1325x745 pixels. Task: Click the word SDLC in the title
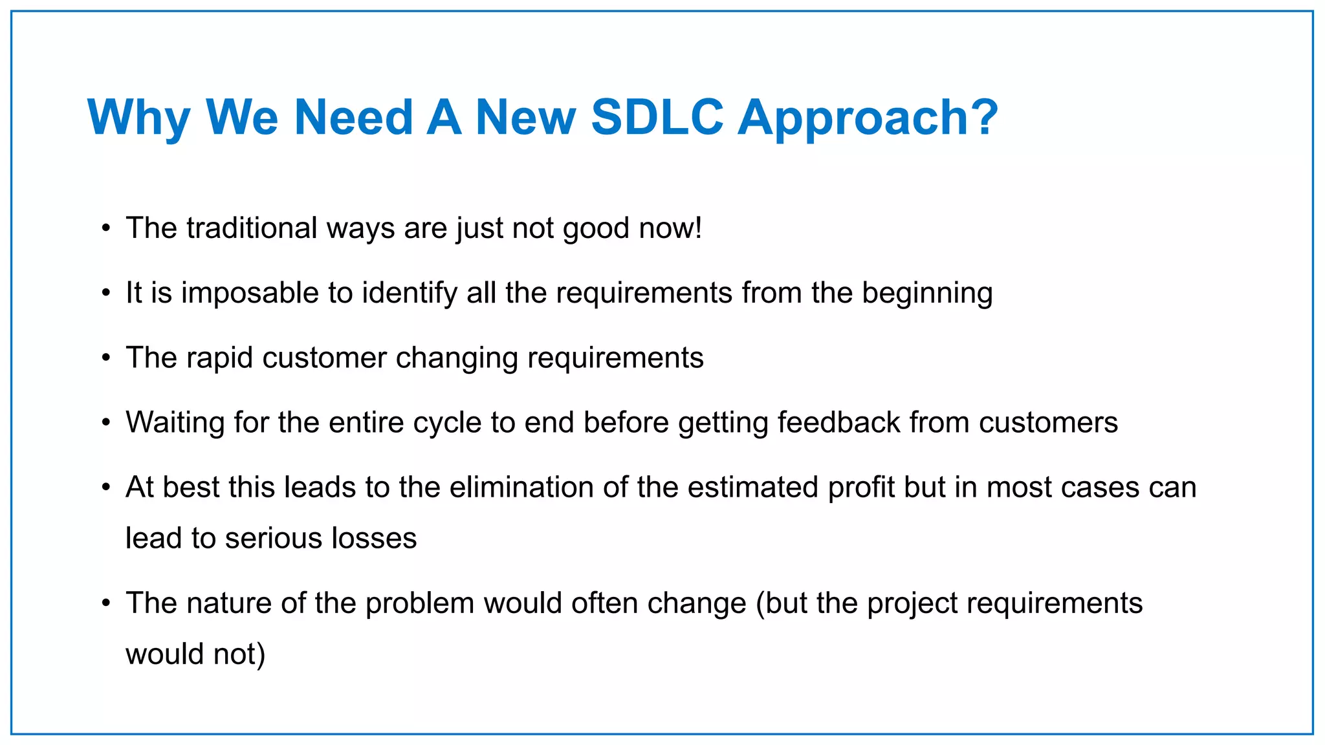(x=657, y=117)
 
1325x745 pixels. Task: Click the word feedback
(x=838, y=422)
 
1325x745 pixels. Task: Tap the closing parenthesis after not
(x=261, y=654)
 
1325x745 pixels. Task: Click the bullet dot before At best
(x=106, y=488)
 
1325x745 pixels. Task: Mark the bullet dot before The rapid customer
(x=106, y=358)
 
